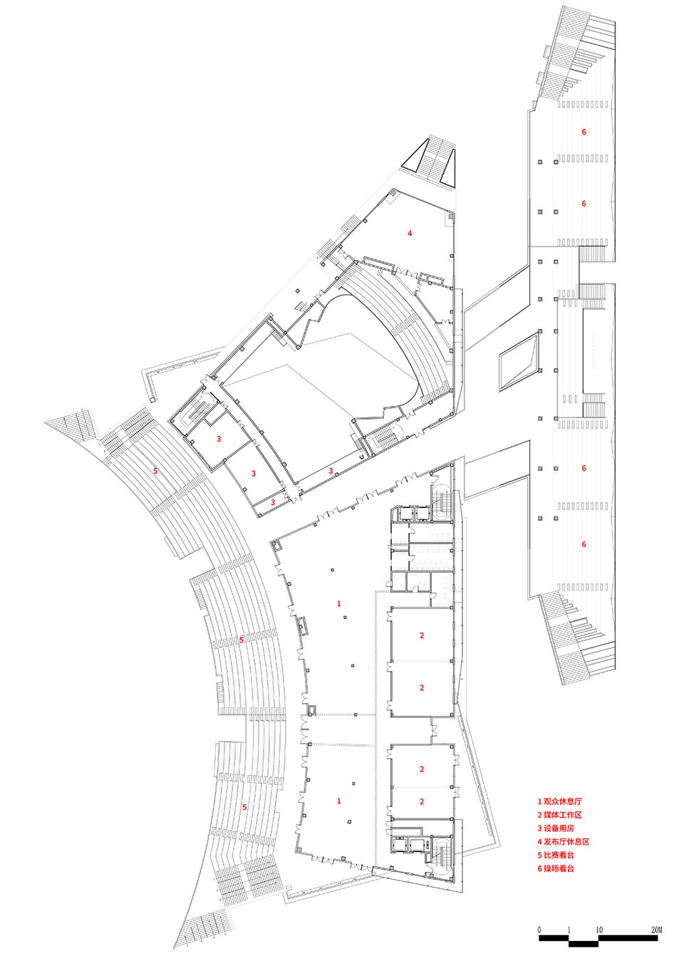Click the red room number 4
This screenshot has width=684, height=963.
[x=410, y=234]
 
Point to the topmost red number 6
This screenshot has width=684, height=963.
[x=584, y=132]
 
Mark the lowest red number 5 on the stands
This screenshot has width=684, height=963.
[x=244, y=807]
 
